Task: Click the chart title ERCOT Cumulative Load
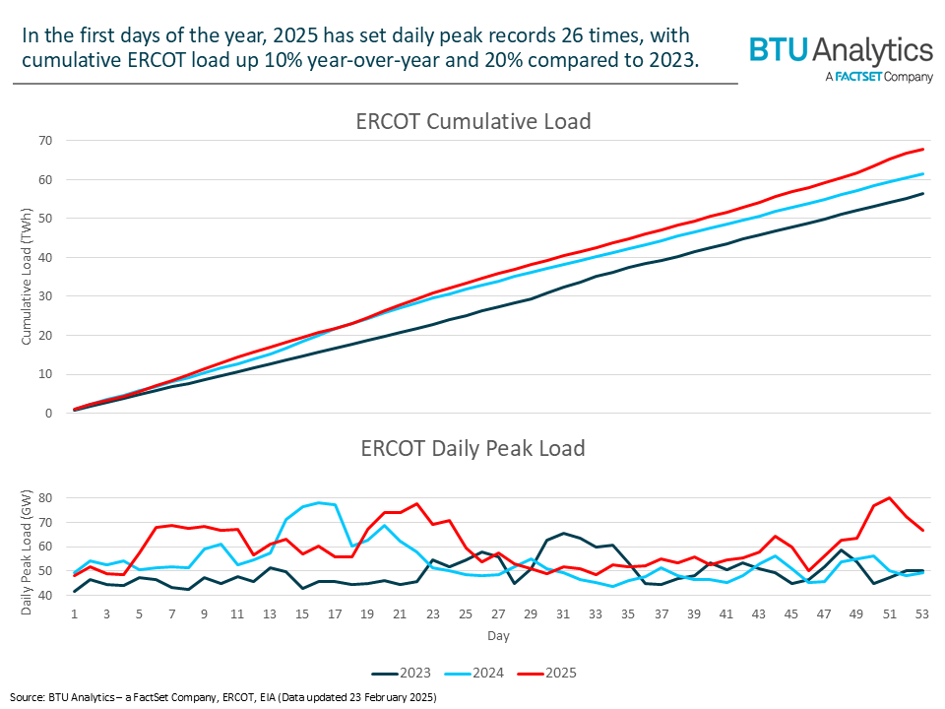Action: click(472, 122)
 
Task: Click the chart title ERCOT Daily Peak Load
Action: click(472, 449)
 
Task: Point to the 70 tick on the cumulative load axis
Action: click(46, 141)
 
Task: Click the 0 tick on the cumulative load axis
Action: click(49, 414)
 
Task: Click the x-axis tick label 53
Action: click(922, 613)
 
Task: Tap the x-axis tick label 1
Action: click(75, 613)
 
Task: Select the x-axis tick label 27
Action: click(498, 613)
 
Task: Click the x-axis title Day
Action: click(498, 636)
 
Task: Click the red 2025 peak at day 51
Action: click(890, 497)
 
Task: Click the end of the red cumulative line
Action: click(922, 150)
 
